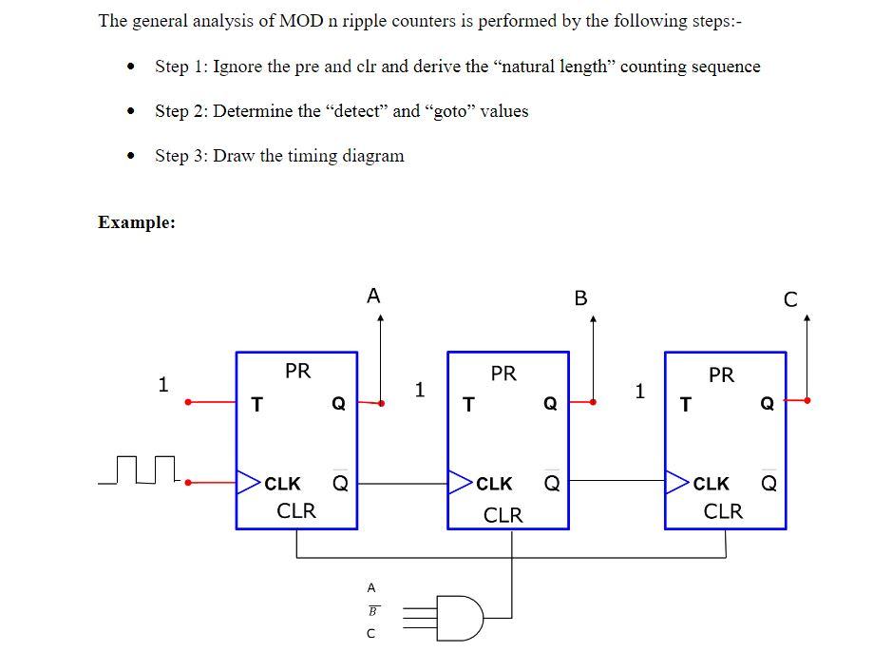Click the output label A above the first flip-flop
tap(373, 296)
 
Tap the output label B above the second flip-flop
tap(581, 298)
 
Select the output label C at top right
tap(790, 299)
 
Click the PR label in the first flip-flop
tap(297, 371)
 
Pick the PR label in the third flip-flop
tap(721, 374)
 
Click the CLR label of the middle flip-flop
tap(503, 515)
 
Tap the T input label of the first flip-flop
tap(255, 405)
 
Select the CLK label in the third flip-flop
tap(712, 484)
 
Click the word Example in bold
tap(137, 222)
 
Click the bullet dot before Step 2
tap(130, 112)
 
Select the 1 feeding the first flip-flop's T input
tap(163, 385)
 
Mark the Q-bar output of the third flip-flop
tap(769, 483)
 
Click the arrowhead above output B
tap(593, 320)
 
